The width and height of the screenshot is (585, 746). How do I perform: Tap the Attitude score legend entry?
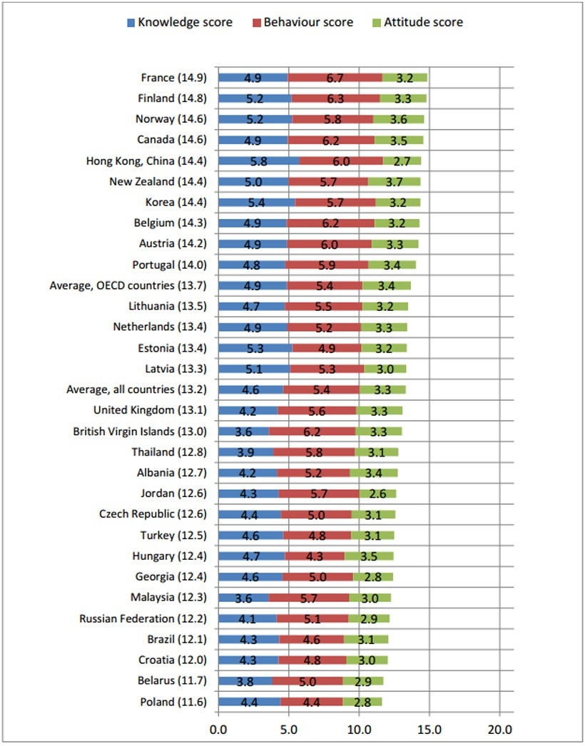423,22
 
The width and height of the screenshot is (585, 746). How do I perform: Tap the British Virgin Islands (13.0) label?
139,431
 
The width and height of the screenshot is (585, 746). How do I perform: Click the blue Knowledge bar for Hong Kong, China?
259,161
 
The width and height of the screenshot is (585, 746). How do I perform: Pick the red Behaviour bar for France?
335,78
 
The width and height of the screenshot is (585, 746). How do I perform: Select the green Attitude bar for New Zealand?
394,182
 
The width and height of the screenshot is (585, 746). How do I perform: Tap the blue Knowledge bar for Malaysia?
243,598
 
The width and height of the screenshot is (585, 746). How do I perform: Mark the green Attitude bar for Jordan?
377,494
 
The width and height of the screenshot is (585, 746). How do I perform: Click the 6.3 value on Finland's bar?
335,98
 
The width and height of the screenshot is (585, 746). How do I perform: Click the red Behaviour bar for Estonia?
327,348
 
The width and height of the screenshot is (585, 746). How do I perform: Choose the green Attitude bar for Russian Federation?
369,618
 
